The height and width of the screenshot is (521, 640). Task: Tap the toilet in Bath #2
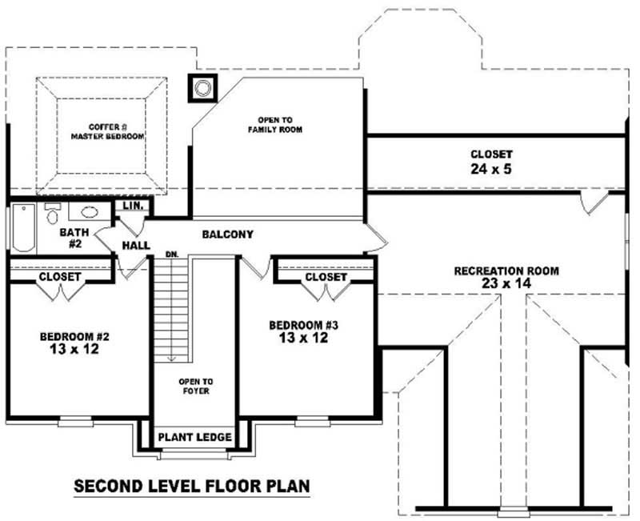coord(54,214)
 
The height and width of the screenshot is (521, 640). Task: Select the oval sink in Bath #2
coord(88,214)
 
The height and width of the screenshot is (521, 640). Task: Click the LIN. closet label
coord(133,206)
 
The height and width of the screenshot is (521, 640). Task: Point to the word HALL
coord(136,245)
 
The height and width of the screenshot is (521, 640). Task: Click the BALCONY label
coord(227,234)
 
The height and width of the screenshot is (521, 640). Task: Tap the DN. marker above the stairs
coord(171,254)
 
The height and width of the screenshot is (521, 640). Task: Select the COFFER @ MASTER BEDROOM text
coord(107,131)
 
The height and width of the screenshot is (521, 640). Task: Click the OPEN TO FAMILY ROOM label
coord(274,124)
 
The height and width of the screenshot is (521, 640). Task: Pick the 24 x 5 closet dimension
coord(491,169)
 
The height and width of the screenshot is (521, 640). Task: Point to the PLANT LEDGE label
coord(195,438)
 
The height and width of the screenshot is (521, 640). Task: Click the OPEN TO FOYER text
coord(195,387)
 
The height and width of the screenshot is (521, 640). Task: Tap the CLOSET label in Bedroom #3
coord(326,277)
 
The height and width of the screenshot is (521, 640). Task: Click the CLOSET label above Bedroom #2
coord(59,277)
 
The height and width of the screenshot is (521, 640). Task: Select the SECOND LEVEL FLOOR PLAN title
coord(191,486)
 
